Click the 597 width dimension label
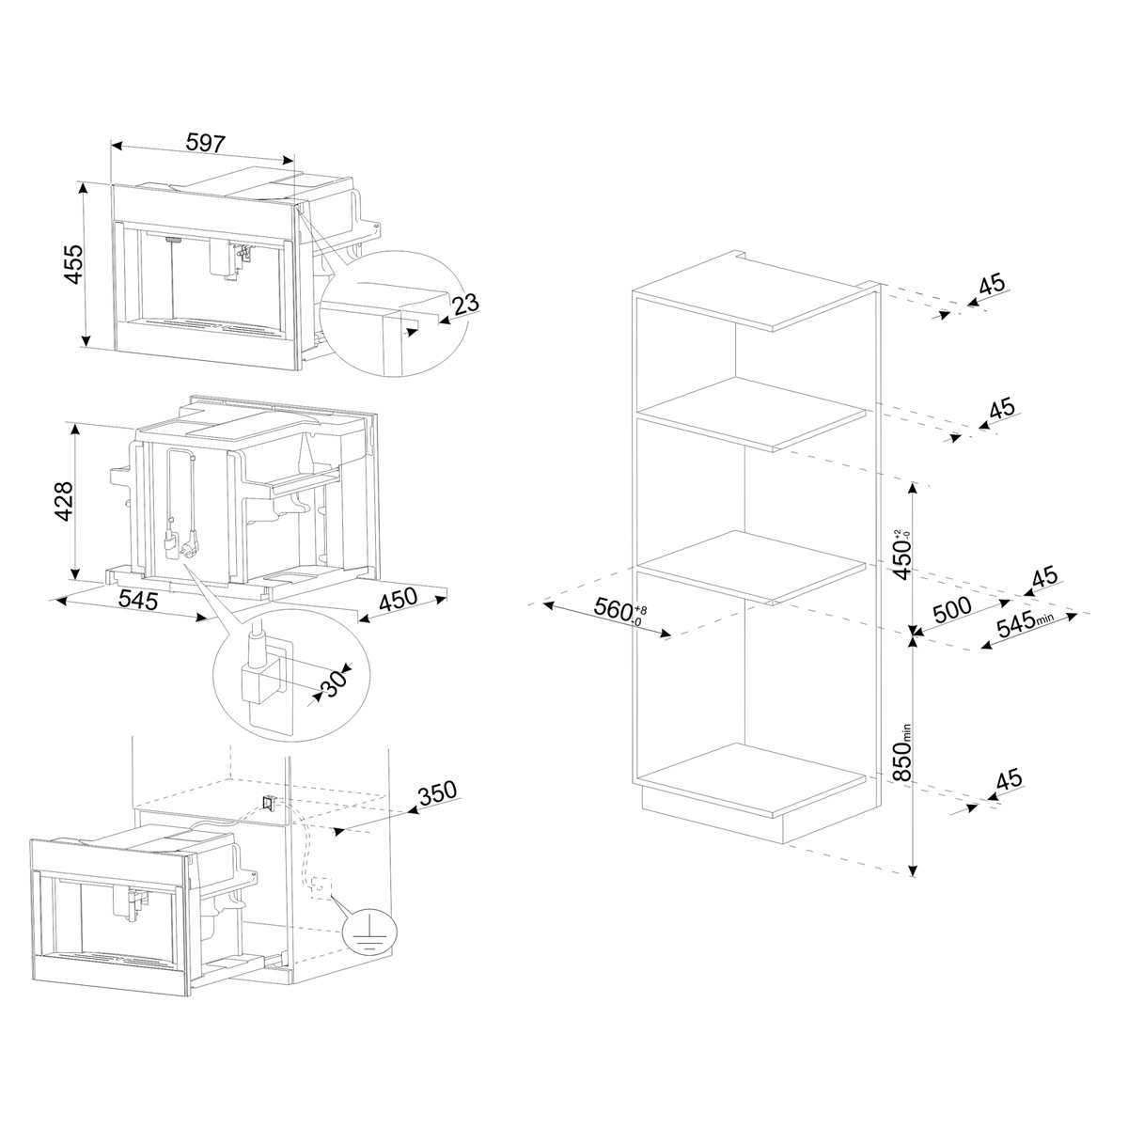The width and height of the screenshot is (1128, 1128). [x=205, y=143]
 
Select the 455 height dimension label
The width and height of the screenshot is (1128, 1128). [x=74, y=264]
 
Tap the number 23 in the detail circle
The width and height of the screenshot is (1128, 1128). [x=465, y=305]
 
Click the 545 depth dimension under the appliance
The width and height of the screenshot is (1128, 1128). [x=138, y=600]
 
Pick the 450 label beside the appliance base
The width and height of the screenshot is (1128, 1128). [x=399, y=599]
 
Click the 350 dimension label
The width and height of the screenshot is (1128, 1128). [x=437, y=792]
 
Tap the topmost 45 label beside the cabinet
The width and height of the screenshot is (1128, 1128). [x=992, y=285]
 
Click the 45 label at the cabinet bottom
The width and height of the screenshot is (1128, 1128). [x=1009, y=779]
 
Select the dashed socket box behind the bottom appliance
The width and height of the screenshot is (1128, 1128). [x=319, y=887]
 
